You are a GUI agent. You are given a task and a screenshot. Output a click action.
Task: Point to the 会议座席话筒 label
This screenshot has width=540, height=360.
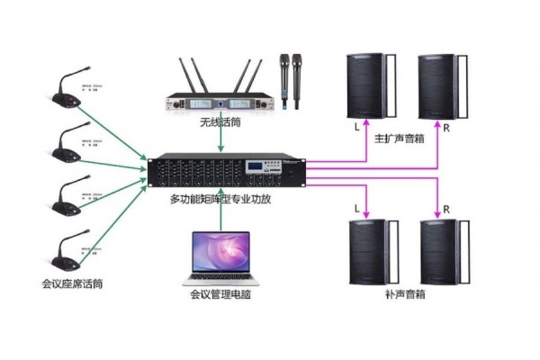72,284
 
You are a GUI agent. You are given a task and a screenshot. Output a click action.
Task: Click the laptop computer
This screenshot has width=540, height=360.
219,257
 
